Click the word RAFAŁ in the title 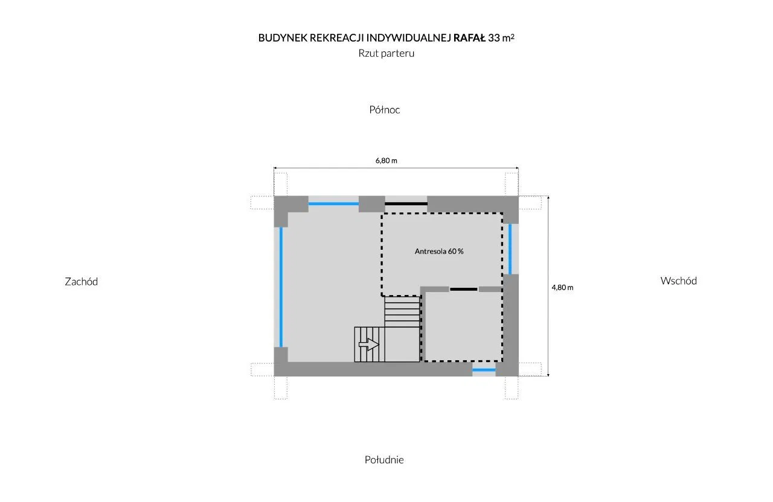pyautogui.click(x=469, y=37)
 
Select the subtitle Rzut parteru pyautogui.click(x=386, y=53)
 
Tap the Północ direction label pyautogui.click(x=385, y=110)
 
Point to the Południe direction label pyautogui.click(x=384, y=460)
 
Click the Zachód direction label pyautogui.click(x=81, y=281)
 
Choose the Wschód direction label pyautogui.click(x=678, y=281)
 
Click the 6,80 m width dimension pyautogui.click(x=386, y=160)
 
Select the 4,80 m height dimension pyautogui.click(x=562, y=287)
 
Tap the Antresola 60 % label pyautogui.click(x=439, y=252)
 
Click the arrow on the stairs pyautogui.click(x=368, y=345)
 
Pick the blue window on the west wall pyautogui.click(x=281, y=287)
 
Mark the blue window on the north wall pyautogui.click(x=334, y=204)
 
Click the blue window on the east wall pyautogui.click(x=510, y=249)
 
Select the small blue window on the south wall pyautogui.click(x=484, y=369)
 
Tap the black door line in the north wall pyautogui.click(x=406, y=204)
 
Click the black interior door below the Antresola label pyautogui.click(x=464, y=290)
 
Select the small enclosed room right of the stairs pyautogui.click(x=463, y=326)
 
